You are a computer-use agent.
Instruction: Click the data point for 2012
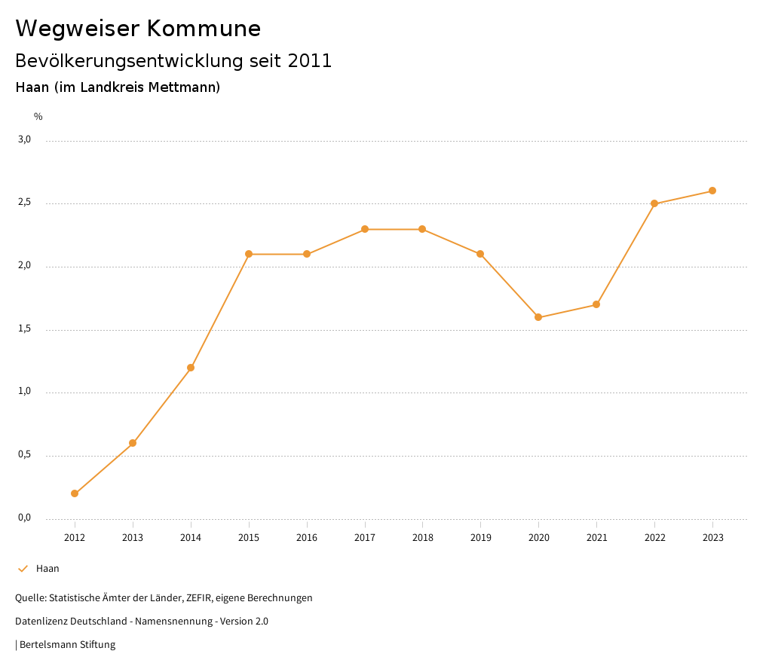75,493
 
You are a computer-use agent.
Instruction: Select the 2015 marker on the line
249,254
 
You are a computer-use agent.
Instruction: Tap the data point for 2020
538,317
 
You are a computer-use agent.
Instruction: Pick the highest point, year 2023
712,191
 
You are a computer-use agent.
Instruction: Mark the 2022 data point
654,203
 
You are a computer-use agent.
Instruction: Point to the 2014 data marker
191,368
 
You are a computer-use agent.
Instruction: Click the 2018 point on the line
422,229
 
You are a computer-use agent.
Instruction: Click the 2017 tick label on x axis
365,538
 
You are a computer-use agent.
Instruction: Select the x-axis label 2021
596,538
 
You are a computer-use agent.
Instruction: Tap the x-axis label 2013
133,538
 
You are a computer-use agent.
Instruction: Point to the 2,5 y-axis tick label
24,203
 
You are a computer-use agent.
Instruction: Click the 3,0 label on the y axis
24,139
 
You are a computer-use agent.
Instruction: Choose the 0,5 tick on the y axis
24,454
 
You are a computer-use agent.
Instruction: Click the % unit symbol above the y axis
38,117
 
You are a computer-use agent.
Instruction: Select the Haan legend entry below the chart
47,569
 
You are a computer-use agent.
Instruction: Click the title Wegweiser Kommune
138,29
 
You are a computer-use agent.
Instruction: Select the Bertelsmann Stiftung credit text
67,645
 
